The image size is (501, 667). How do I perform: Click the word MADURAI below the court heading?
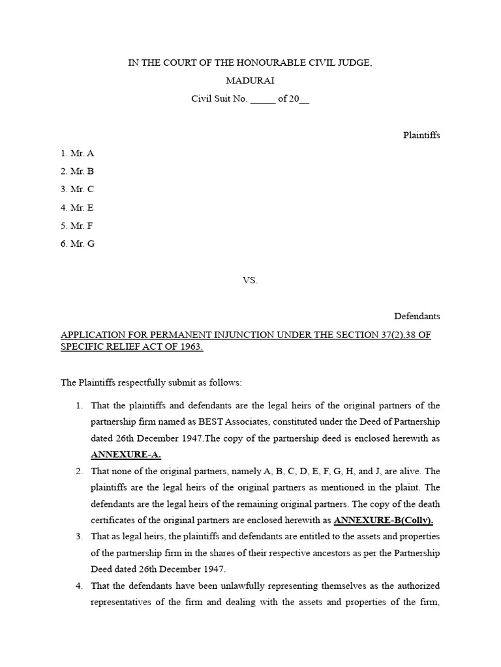tap(250, 81)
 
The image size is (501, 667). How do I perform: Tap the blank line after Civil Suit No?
tap(263, 100)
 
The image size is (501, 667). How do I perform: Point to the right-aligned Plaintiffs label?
tap(421, 135)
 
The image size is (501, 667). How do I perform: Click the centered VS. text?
tap(250, 280)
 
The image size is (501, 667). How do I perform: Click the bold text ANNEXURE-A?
tap(125, 454)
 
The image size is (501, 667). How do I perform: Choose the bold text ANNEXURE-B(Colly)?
tap(383, 520)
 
